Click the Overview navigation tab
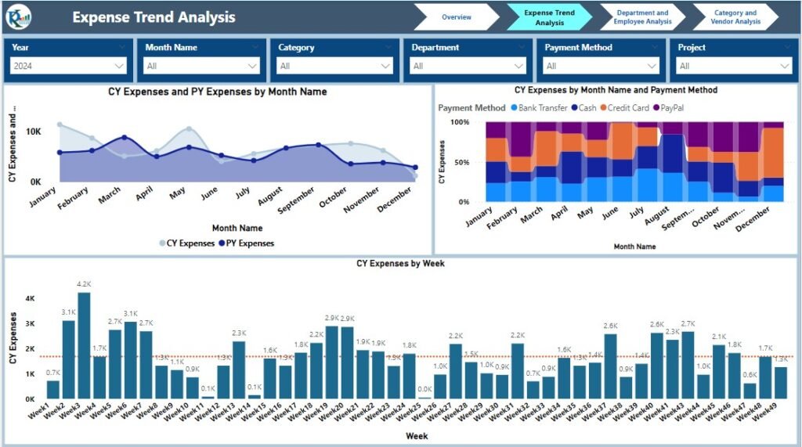(456, 16)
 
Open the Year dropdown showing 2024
(69, 67)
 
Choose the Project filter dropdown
(735, 67)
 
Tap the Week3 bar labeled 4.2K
(84, 345)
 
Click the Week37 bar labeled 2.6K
(611, 366)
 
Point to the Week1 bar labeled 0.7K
(53, 389)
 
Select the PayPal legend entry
(670, 108)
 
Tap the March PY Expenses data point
(125, 138)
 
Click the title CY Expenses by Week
(400, 264)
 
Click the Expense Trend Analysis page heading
(154, 17)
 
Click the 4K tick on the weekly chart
(30, 298)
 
